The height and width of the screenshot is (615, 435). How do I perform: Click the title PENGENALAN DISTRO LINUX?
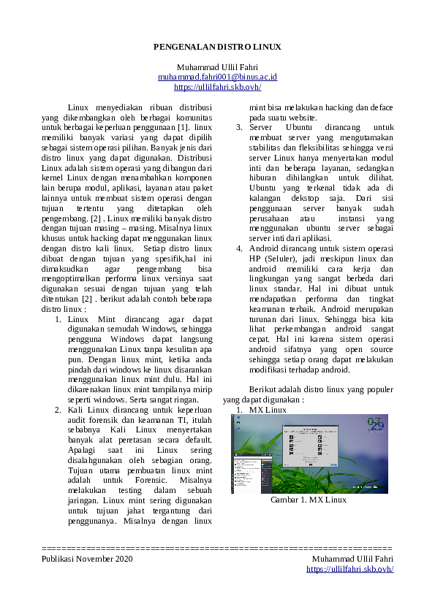click(217, 47)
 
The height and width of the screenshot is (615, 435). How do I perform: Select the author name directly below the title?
click(217, 66)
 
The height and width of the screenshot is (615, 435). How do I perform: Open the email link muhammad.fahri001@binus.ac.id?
click(217, 77)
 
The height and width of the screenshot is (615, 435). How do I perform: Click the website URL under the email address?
click(217, 87)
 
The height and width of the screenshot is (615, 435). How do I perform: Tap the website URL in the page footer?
click(349, 568)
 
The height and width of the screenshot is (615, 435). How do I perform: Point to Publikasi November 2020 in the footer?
click(88, 559)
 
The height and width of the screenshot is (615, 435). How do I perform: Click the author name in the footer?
click(352, 559)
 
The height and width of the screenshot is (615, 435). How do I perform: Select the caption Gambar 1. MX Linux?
click(308, 500)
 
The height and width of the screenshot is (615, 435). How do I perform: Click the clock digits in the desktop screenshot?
click(375, 424)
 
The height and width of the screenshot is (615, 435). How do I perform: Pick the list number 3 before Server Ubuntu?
click(238, 127)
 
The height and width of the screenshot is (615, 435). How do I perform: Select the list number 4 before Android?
click(238, 249)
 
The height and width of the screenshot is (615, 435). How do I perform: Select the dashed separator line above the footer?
click(217, 547)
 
